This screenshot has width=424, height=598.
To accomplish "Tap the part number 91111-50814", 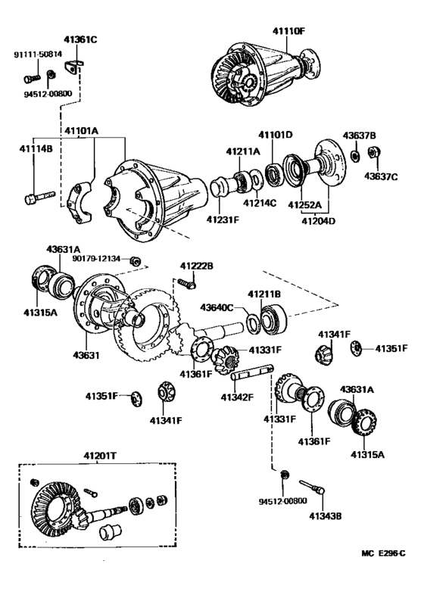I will coord(36,55).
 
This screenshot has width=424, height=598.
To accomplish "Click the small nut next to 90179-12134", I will coord(133,261).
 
